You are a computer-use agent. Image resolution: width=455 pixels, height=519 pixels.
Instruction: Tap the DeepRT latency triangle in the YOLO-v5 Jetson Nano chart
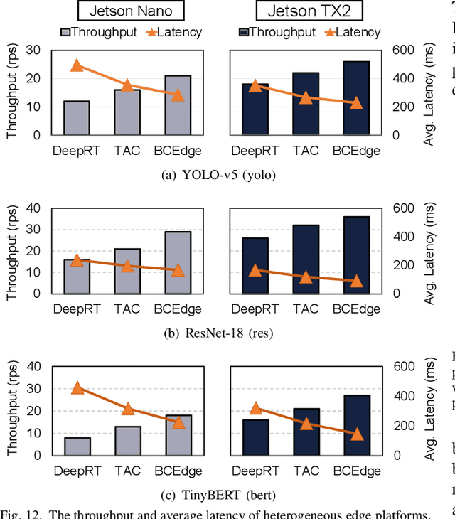[77, 66]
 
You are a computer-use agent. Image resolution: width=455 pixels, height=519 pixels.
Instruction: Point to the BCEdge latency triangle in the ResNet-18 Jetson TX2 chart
[356, 281]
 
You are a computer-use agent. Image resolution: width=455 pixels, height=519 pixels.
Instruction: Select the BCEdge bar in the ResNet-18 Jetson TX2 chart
[356, 255]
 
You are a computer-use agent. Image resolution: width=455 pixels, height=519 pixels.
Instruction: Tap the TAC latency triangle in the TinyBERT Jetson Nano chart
[127, 408]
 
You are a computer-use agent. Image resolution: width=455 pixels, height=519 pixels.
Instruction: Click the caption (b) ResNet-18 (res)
[218, 333]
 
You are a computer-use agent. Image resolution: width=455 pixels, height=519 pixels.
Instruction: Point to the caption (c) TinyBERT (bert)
[218, 495]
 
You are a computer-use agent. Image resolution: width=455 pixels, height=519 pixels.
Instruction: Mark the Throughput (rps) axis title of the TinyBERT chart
[11, 410]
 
